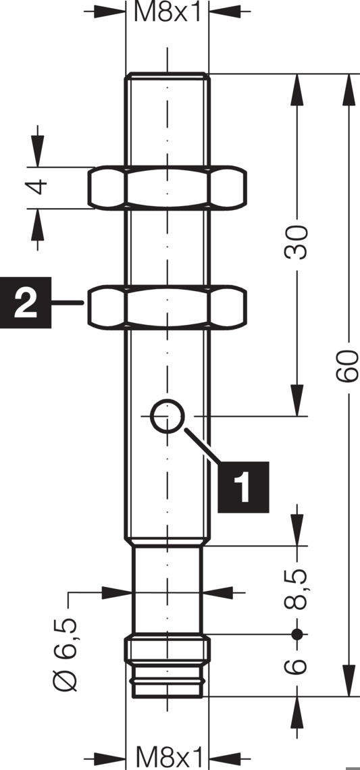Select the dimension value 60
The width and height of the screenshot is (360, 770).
pyautogui.click(x=347, y=366)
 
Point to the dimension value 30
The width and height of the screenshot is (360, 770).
pyautogui.click(x=296, y=242)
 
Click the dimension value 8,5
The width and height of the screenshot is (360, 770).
pyautogui.click(x=296, y=589)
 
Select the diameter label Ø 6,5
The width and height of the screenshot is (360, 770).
pyautogui.click(x=66, y=653)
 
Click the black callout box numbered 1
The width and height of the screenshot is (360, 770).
pyautogui.click(x=243, y=487)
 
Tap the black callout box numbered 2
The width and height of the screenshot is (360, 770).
pyautogui.click(x=26, y=303)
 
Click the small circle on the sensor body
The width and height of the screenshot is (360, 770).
pyautogui.click(x=168, y=417)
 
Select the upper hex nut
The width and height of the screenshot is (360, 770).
pyautogui.click(x=167, y=188)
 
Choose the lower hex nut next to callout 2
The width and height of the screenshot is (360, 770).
pyautogui.click(x=167, y=307)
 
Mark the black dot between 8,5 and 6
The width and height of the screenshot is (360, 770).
pyautogui.click(x=297, y=634)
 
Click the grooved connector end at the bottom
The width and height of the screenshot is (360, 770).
pyautogui.click(x=168, y=667)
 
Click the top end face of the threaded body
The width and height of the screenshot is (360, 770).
pyautogui.click(x=168, y=74)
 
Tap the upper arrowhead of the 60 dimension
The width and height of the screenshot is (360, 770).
pyautogui.click(x=349, y=89)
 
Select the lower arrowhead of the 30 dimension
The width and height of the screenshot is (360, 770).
pyautogui.click(x=297, y=401)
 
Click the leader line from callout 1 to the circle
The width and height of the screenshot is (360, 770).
pyautogui.click(x=203, y=445)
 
